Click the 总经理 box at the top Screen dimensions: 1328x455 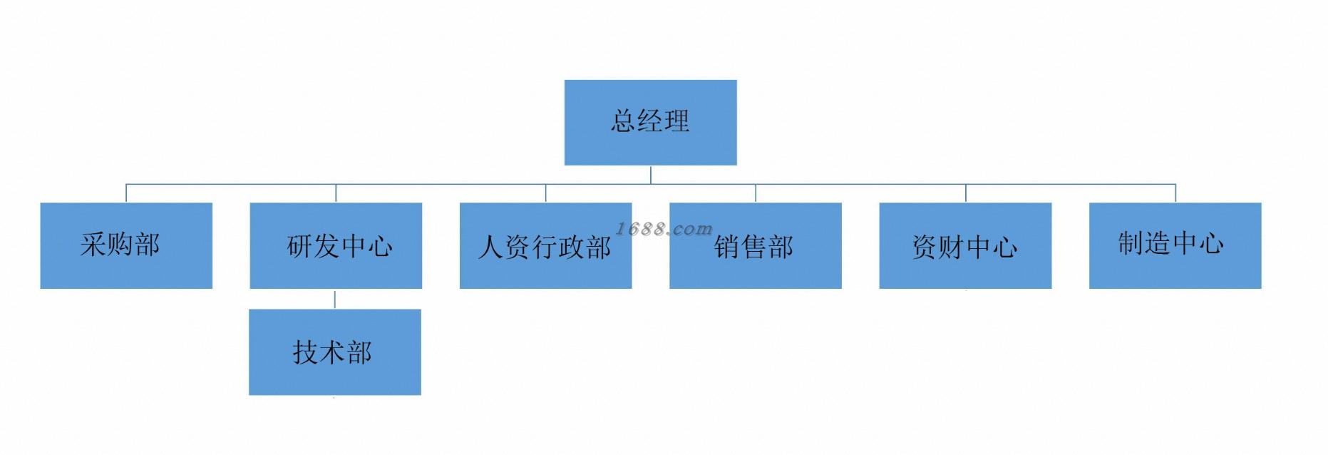[650, 123]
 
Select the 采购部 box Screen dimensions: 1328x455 [126, 245]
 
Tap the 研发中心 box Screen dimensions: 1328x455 [336, 245]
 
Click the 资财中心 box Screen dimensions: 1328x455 [965, 245]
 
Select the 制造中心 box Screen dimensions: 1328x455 [1175, 245]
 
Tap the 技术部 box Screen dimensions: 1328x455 [335, 352]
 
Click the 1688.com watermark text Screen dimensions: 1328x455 [664, 229]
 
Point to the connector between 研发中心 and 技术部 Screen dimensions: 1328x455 [335, 299]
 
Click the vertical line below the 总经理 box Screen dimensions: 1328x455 [651, 175]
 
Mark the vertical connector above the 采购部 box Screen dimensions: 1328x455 [126, 193]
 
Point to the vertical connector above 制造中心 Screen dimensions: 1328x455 [1175, 193]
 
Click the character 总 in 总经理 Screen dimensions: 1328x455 [623, 121]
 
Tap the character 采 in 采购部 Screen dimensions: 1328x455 [93, 245]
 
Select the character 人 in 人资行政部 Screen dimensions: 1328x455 [491, 247]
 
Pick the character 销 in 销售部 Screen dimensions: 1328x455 [727, 247]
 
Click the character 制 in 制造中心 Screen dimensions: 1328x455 [1131, 243]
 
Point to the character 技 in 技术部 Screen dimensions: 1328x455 [305, 352]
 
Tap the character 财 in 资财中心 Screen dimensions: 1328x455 [952, 247]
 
